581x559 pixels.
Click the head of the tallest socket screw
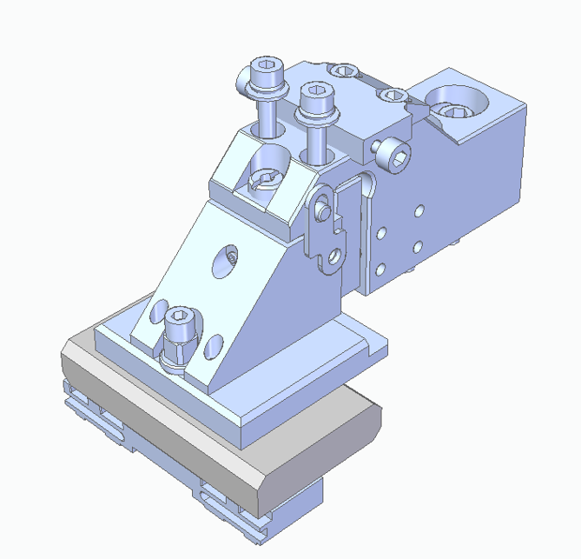tap(266, 70)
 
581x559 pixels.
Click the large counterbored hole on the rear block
tap(455, 105)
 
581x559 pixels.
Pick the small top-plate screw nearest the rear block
tap(393, 94)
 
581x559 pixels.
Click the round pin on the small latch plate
tap(323, 210)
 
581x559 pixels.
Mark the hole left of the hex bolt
tap(160, 310)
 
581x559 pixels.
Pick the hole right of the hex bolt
tap(212, 348)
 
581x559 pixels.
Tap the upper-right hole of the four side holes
tap(419, 211)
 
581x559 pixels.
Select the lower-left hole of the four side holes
tap(380, 268)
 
